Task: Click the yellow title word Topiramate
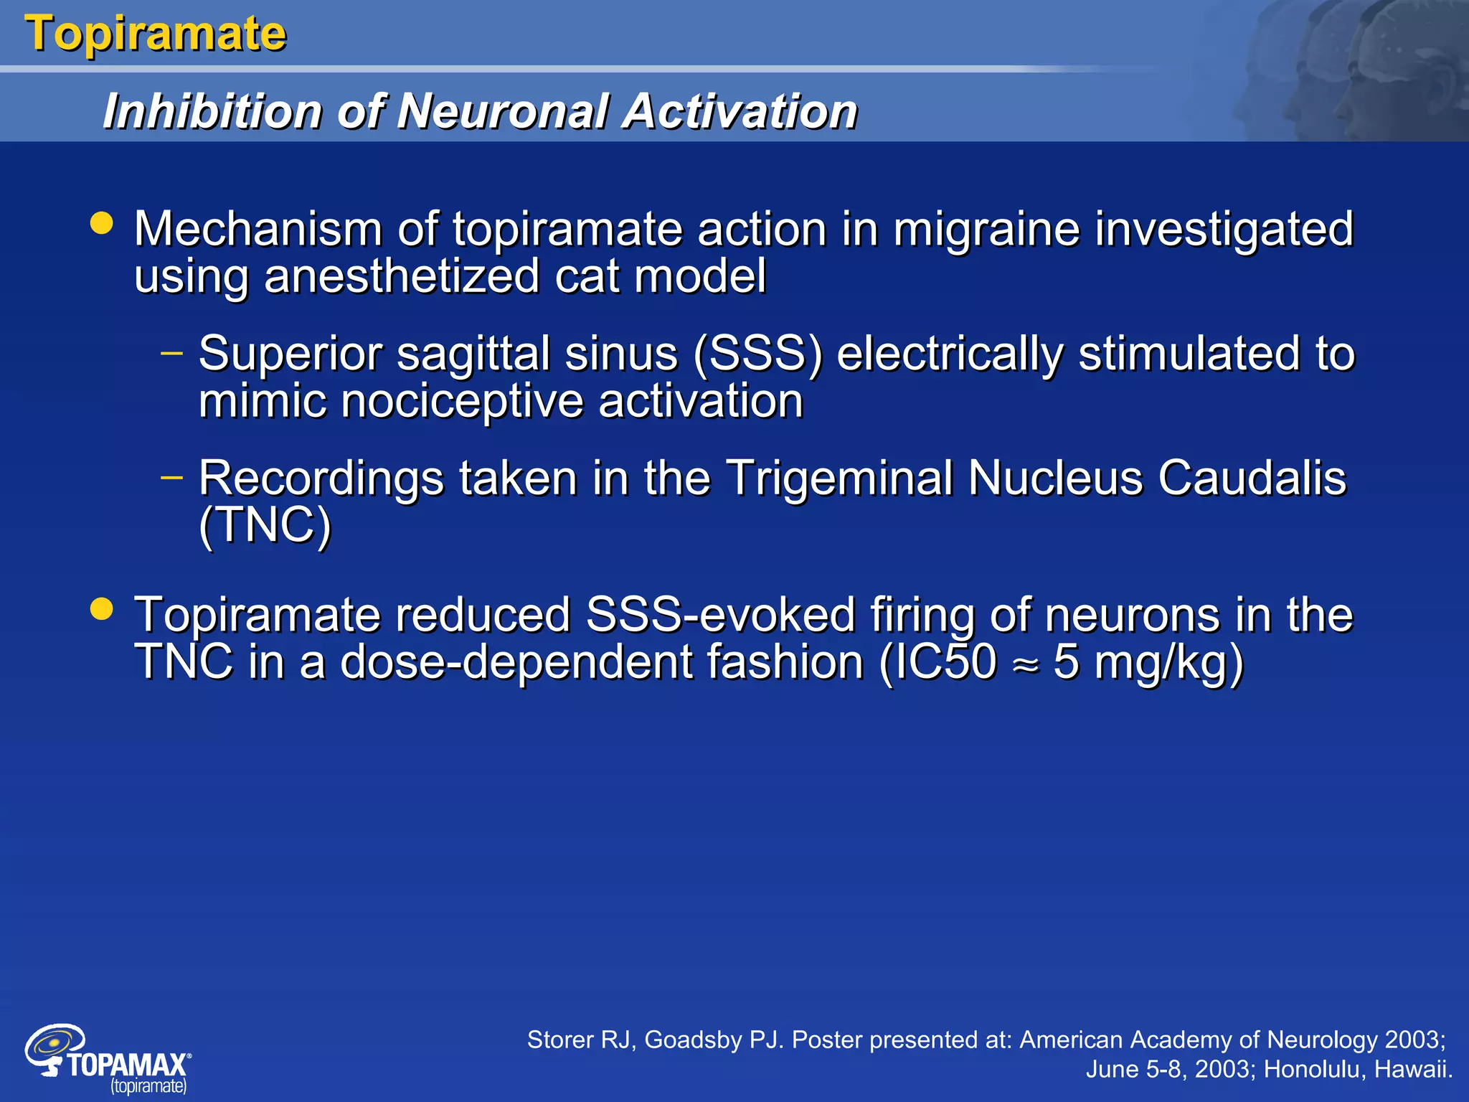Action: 156,34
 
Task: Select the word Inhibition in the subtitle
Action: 212,112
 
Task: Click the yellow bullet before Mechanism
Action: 102,222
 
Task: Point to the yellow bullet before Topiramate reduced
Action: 102,608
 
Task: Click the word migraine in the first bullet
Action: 986,230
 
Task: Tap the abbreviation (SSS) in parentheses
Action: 757,354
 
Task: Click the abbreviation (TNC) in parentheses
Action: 265,525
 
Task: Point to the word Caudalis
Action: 1252,478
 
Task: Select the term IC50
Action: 938,661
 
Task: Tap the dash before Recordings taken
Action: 172,477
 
